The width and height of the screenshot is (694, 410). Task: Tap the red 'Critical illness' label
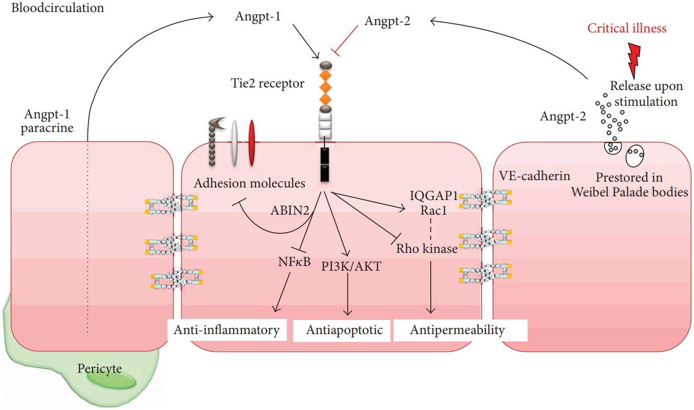coord(627,28)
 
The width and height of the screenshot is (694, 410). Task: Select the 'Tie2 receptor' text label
coord(267,83)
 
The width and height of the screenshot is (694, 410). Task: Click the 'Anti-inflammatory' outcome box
coord(227,330)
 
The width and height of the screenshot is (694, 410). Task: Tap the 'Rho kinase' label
coord(427,249)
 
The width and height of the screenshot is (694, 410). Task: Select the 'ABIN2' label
coord(289,210)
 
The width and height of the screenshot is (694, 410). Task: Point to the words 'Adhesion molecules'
coord(249,183)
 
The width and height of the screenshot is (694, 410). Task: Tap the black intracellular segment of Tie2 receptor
coord(324,165)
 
